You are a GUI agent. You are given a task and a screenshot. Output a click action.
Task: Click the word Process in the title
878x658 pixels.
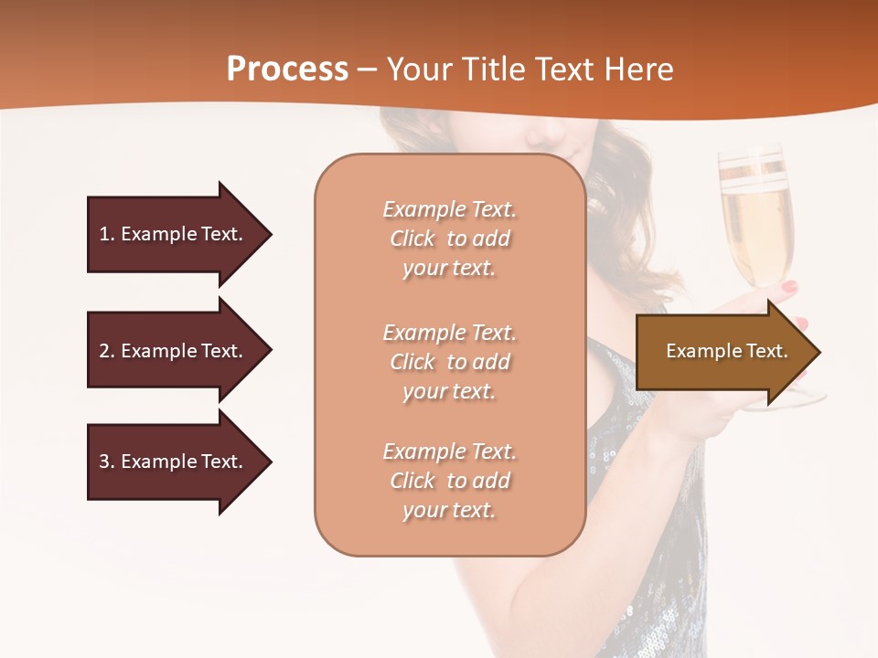pos(287,69)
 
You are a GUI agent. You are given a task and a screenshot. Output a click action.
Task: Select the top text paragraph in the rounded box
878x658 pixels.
pos(449,239)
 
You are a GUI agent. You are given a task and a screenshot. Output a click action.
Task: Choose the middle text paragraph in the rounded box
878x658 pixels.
pos(449,362)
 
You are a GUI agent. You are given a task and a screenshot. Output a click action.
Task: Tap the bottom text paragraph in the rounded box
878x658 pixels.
pos(449,481)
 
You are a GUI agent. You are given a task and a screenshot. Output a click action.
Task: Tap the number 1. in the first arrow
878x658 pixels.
pos(107,234)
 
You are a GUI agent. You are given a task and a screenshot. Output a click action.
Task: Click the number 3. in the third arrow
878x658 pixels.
pos(107,462)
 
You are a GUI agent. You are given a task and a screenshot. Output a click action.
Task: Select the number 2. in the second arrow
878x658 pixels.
pos(107,351)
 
